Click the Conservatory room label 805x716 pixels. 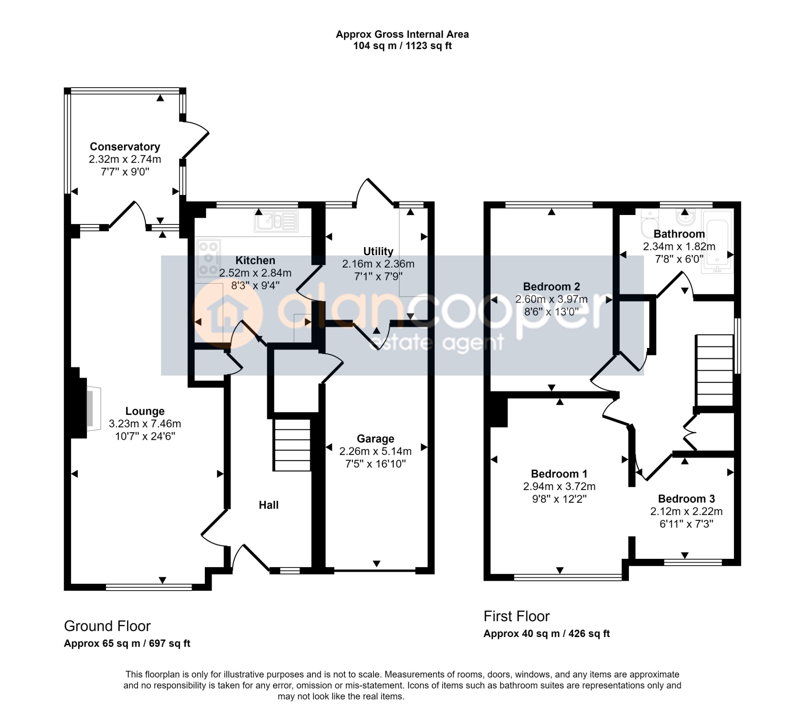[x=125, y=147]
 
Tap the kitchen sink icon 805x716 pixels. [x=276, y=220]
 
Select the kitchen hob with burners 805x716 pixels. [x=208, y=258]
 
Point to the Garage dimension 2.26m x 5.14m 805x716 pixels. [x=375, y=451]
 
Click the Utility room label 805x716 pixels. [x=378, y=251]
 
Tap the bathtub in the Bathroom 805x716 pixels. [x=717, y=241]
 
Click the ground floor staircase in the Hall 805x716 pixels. [x=292, y=445]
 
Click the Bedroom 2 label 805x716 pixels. [x=551, y=287]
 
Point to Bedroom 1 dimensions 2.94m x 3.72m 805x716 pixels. [x=559, y=487]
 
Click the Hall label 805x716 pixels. [x=268, y=505]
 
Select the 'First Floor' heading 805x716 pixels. [x=516, y=616]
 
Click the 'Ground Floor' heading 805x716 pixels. [x=107, y=626]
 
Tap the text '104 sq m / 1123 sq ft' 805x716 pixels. [x=402, y=46]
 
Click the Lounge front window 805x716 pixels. [x=149, y=587]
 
